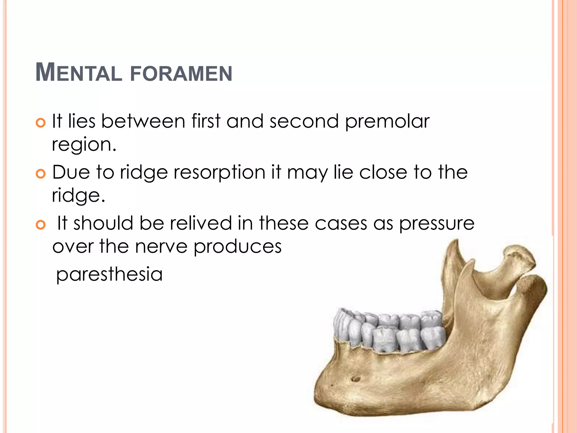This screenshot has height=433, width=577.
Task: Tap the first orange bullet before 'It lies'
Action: (x=41, y=123)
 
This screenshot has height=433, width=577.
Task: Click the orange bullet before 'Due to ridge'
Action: (x=41, y=174)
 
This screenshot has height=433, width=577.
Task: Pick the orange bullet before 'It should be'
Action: (x=41, y=225)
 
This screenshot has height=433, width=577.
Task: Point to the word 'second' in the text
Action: (x=304, y=121)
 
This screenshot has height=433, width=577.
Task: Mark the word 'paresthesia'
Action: (x=109, y=275)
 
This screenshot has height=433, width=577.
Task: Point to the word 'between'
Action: (x=143, y=121)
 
